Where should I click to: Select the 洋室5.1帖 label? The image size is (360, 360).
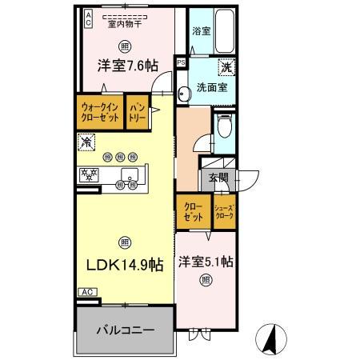tap(206, 262)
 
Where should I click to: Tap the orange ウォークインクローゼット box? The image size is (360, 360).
tap(100, 111)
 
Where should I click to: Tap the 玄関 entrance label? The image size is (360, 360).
tap(218, 178)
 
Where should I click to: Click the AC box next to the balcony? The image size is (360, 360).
tap(86, 293)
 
